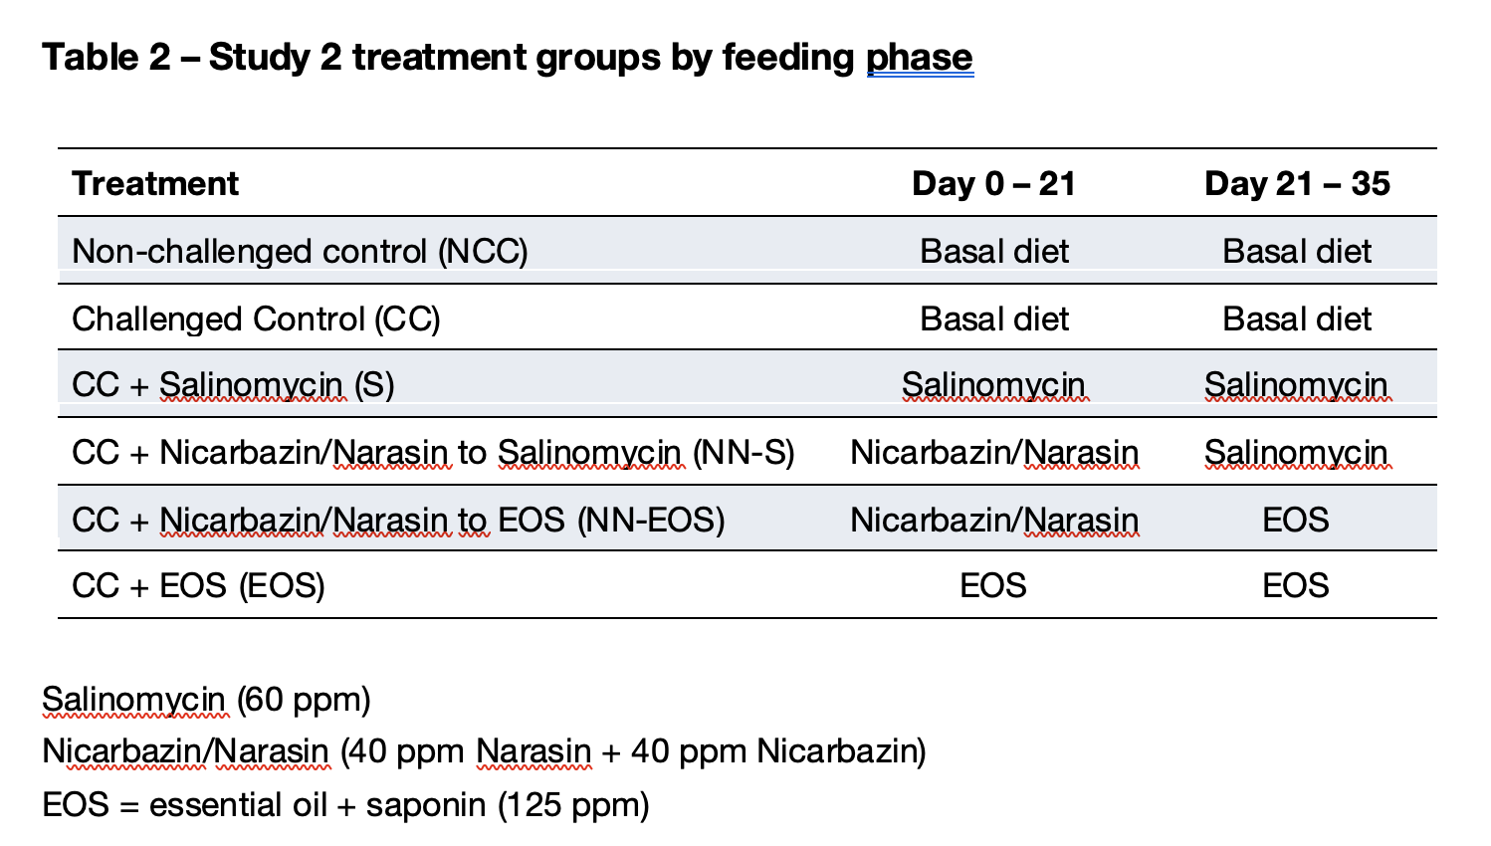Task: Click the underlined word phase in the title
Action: [x=919, y=58]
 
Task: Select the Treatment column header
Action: [x=155, y=184]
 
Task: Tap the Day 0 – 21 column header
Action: [x=993, y=184]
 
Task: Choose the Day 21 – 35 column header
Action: [x=1296, y=184]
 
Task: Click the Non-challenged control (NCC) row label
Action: [x=300, y=252]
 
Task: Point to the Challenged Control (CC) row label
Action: [x=256, y=319]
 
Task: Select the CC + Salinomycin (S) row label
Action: [x=233, y=385]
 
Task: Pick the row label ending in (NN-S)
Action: [x=433, y=453]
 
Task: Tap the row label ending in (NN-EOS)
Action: [x=398, y=521]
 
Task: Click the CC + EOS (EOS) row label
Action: [x=198, y=586]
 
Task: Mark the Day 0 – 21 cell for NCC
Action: [x=993, y=252]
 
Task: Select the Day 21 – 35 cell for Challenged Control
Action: [x=1296, y=319]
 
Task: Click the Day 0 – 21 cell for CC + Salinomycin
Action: [x=993, y=385]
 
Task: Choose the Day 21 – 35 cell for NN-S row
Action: [x=1296, y=453]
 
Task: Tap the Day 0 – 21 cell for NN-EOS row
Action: [x=993, y=521]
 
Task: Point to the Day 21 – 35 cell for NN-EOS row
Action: [x=1296, y=521]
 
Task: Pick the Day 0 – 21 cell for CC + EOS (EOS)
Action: [x=993, y=586]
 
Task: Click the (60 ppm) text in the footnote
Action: [x=304, y=700]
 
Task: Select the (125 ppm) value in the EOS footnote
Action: [x=573, y=804]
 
